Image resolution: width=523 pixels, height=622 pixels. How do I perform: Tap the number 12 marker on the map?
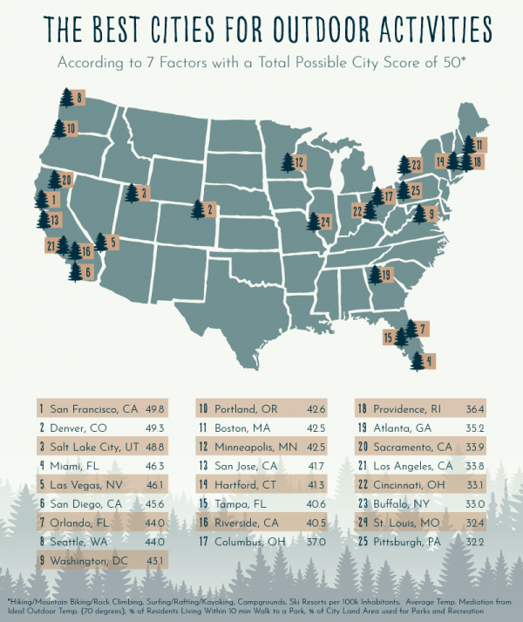coord(293,162)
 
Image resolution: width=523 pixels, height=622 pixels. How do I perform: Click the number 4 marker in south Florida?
coord(424,359)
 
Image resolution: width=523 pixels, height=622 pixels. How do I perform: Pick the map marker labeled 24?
coord(319,222)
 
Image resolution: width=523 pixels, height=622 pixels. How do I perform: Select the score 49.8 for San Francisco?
coord(157,408)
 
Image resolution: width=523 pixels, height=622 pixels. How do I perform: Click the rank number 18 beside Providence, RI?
coord(360,408)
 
